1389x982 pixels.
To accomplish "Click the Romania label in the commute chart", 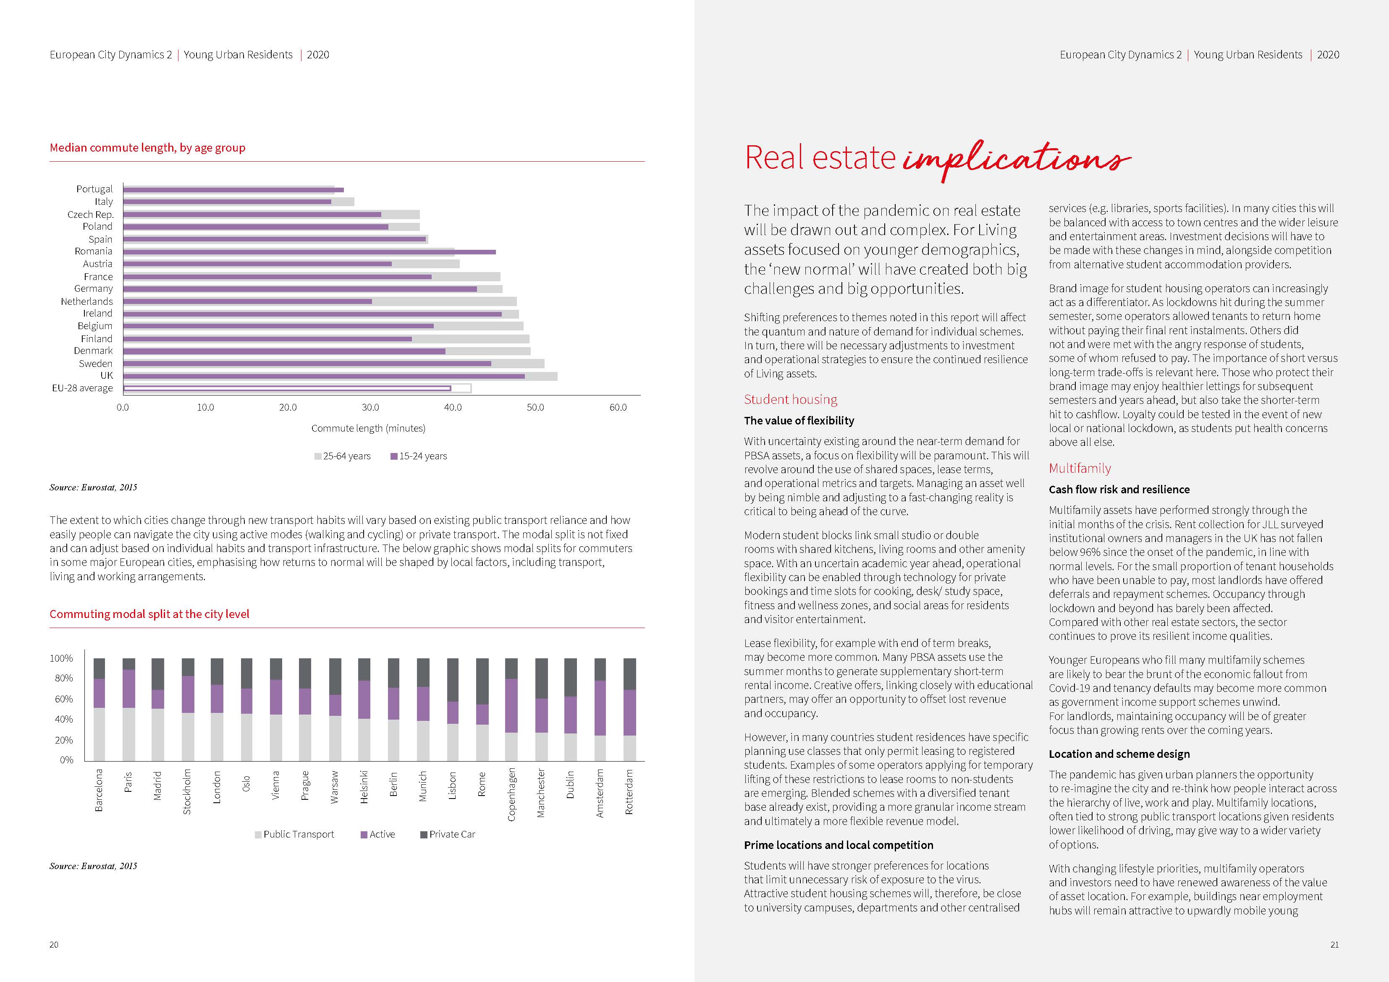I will (93, 251).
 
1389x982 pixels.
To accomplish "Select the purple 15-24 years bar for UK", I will (324, 376).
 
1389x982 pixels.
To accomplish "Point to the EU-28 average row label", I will (82, 388).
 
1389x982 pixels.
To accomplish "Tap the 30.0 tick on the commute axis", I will (370, 408).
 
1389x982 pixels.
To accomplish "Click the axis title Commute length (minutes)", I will (368, 428).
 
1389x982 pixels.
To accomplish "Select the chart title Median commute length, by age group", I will (148, 148).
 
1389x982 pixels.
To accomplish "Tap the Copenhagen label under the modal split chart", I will (511, 794).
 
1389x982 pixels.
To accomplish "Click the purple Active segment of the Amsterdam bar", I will (600, 708).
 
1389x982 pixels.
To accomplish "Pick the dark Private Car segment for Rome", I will (482, 681).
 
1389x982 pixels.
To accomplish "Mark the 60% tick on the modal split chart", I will (63, 699).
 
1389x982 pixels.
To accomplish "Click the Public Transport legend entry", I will (295, 834).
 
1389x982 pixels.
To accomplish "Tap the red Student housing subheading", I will (791, 399).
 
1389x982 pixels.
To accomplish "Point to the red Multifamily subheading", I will (1080, 468).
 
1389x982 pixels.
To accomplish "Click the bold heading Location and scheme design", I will (1119, 754).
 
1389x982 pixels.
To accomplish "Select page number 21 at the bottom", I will (1334, 945).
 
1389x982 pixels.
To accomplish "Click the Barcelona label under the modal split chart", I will (99, 790).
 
